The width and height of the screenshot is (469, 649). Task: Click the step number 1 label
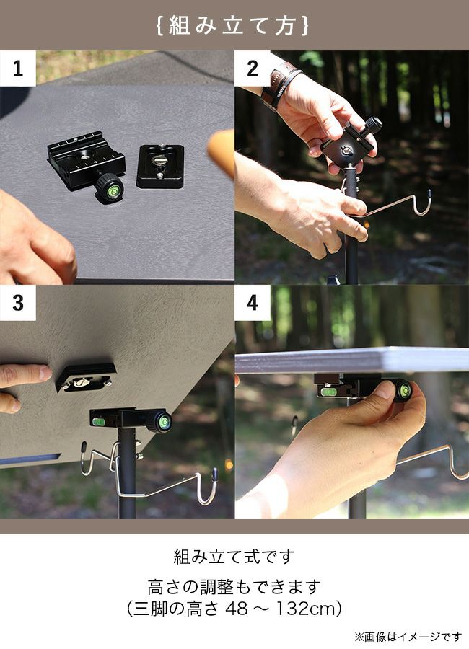click(17, 69)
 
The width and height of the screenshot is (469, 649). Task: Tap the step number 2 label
click(253, 69)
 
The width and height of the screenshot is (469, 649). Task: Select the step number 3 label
click(18, 303)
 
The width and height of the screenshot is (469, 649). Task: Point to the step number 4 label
click(253, 303)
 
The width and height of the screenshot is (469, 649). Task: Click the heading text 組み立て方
click(233, 25)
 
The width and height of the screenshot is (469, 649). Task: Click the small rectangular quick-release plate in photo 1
click(160, 167)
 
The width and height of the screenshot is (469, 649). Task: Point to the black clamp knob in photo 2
click(373, 124)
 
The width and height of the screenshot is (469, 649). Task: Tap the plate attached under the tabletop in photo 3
click(85, 377)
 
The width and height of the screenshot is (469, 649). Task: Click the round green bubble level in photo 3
click(164, 421)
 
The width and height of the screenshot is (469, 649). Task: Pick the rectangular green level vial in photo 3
click(99, 421)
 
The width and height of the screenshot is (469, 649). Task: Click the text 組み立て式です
click(234, 557)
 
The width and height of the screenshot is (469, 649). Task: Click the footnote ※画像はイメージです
click(408, 636)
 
